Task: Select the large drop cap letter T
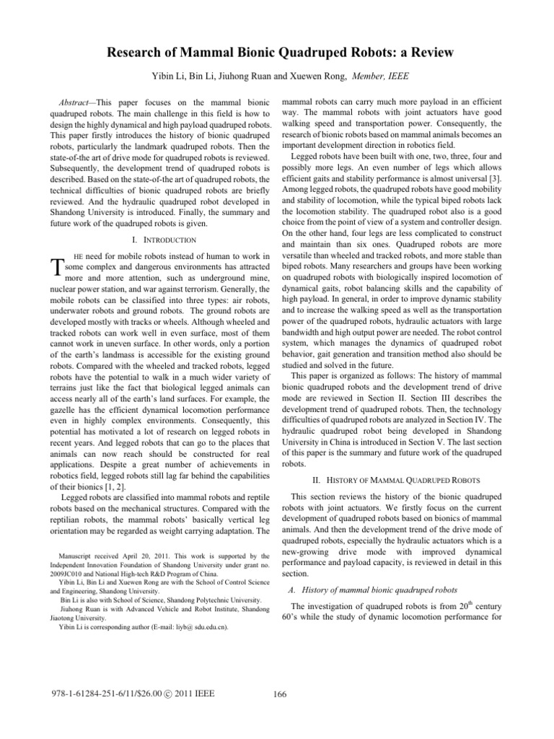click(x=44, y=268)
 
